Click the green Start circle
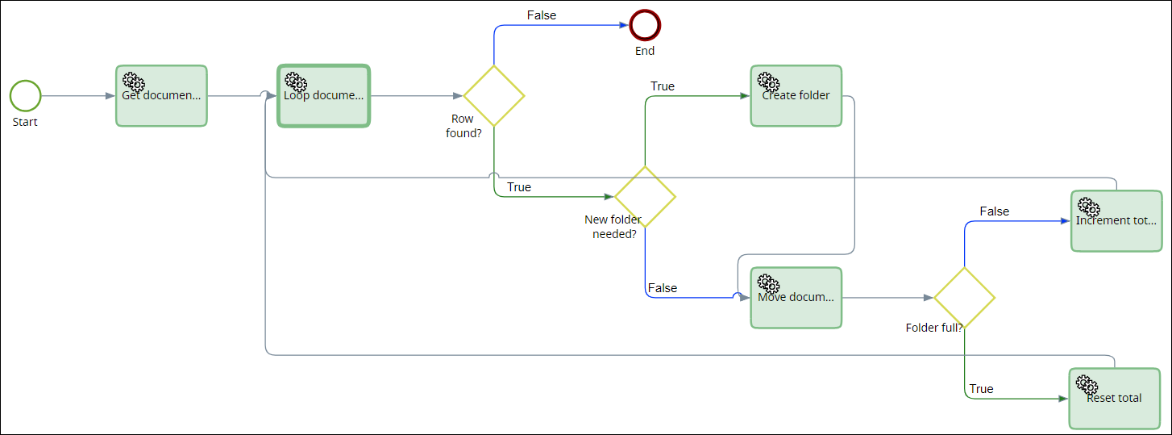(x=25, y=95)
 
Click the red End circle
(x=645, y=25)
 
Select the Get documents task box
(x=161, y=96)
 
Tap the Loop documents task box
(x=323, y=96)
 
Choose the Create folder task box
(x=796, y=96)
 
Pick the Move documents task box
(x=796, y=298)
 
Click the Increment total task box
(x=1116, y=221)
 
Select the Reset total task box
(x=1115, y=399)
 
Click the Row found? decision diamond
(x=494, y=96)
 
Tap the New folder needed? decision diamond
(x=645, y=197)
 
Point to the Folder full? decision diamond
(x=964, y=298)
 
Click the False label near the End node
(x=542, y=15)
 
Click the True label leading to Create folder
(x=663, y=86)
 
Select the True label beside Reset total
(x=981, y=389)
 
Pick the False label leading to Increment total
(x=994, y=211)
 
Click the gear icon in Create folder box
(x=768, y=82)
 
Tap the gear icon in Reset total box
(x=1087, y=384)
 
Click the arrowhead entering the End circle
(x=623, y=25)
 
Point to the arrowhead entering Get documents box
(x=110, y=96)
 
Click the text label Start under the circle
(x=25, y=122)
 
